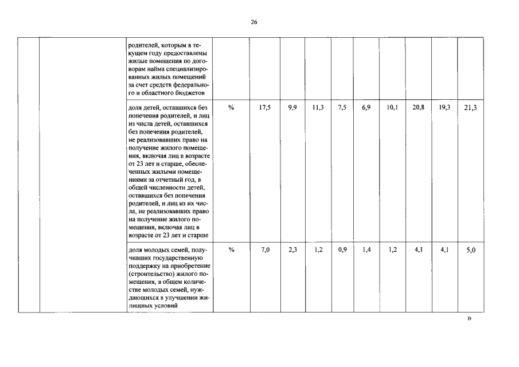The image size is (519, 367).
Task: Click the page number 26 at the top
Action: coord(254,22)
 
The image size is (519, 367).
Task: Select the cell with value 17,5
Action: coord(265,107)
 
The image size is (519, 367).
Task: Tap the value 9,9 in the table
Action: coord(292,107)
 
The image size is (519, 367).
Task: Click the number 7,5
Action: coord(342,107)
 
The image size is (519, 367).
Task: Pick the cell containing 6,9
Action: coord(366,107)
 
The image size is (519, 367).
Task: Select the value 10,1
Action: coord(392,107)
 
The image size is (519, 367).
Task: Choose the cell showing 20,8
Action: coord(419,107)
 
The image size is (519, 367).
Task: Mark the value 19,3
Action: coord(444,107)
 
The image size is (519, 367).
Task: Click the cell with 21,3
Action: coord(470,108)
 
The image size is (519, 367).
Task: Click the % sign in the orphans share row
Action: coord(231,107)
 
